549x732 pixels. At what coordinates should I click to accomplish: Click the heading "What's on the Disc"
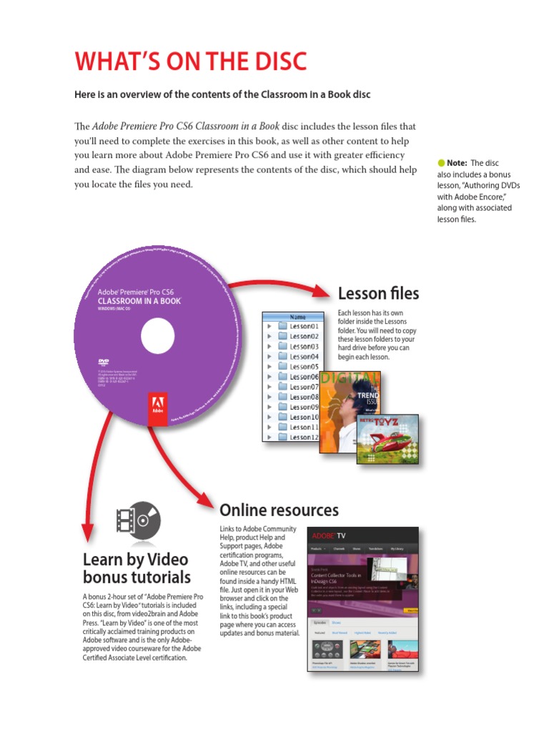coord(191,62)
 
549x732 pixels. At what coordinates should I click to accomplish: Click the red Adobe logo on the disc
coord(157,409)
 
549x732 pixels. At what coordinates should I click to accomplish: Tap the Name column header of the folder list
coord(297,316)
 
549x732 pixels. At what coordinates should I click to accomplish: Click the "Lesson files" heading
coord(378,293)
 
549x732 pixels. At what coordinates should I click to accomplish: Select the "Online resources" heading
coord(279,510)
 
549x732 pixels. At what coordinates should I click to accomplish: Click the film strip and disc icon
coord(137,520)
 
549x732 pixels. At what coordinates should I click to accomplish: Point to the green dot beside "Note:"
coord(440,163)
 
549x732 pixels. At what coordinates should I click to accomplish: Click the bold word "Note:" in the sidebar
coord(457,163)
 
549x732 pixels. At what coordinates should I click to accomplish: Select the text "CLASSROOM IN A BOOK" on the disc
coord(139,301)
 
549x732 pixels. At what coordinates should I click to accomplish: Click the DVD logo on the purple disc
coord(103,362)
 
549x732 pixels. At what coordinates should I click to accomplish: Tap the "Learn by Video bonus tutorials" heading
coord(137,568)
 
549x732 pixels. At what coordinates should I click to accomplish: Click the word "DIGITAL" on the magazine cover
coord(349,377)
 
